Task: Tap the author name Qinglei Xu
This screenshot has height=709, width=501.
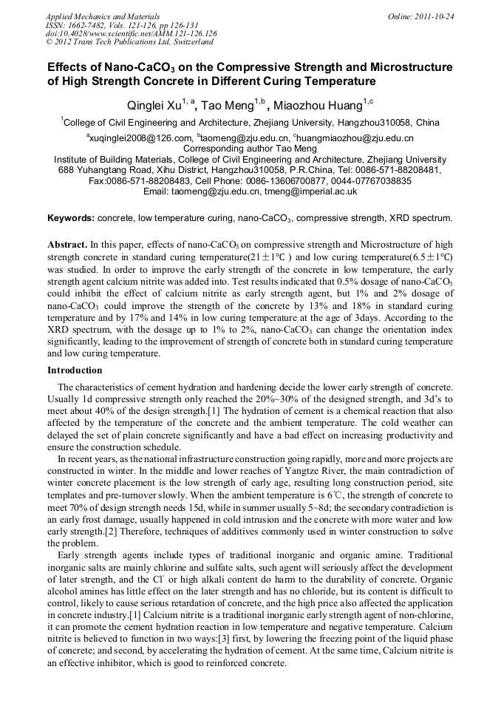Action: [152, 106]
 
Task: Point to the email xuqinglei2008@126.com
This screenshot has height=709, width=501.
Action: [140, 138]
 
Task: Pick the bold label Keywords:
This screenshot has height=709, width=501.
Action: [71, 218]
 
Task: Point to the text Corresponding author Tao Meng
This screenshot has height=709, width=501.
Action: [250, 149]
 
